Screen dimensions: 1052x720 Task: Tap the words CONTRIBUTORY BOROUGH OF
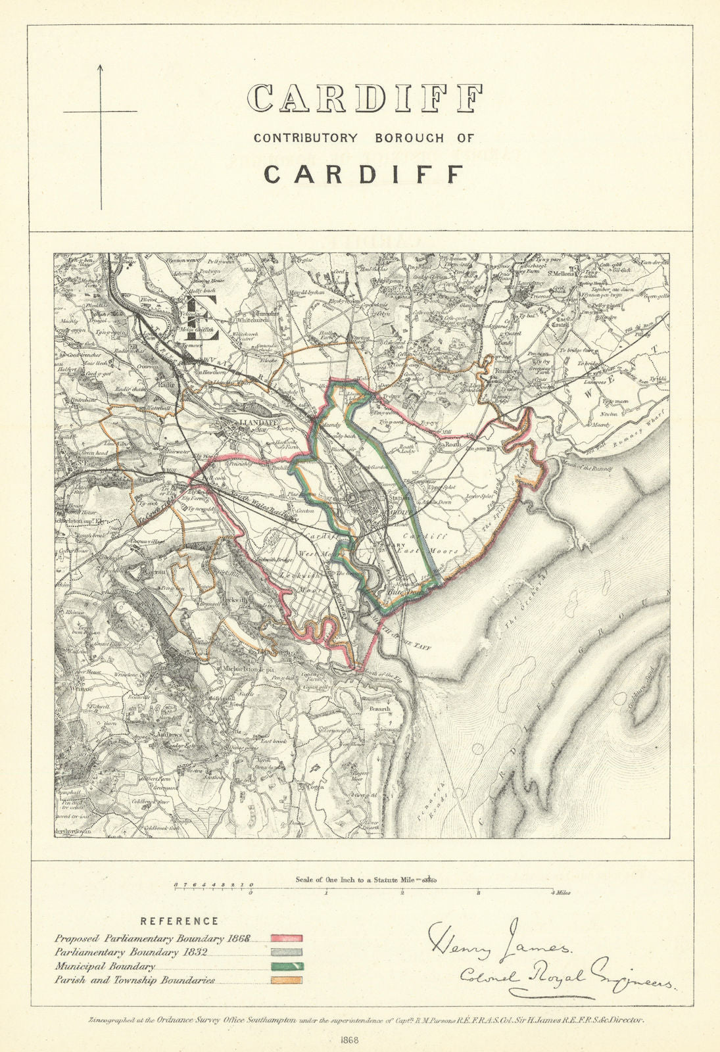click(364, 138)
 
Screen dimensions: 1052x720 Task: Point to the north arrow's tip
click(101, 66)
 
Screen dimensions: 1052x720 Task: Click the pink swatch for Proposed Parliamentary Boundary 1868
click(287, 938)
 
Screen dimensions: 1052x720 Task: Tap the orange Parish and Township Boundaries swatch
click(287, 980)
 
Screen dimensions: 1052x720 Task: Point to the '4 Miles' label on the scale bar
click(560, 893)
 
